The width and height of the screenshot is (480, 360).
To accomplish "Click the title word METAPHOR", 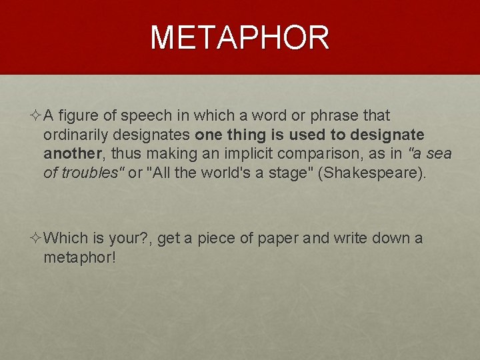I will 240,38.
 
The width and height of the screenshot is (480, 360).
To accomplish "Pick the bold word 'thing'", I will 248,135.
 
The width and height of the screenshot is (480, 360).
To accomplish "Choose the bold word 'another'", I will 71,154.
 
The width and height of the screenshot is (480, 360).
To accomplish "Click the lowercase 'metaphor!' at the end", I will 79,257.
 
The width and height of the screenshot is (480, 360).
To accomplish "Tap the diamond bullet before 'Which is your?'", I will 35,238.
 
